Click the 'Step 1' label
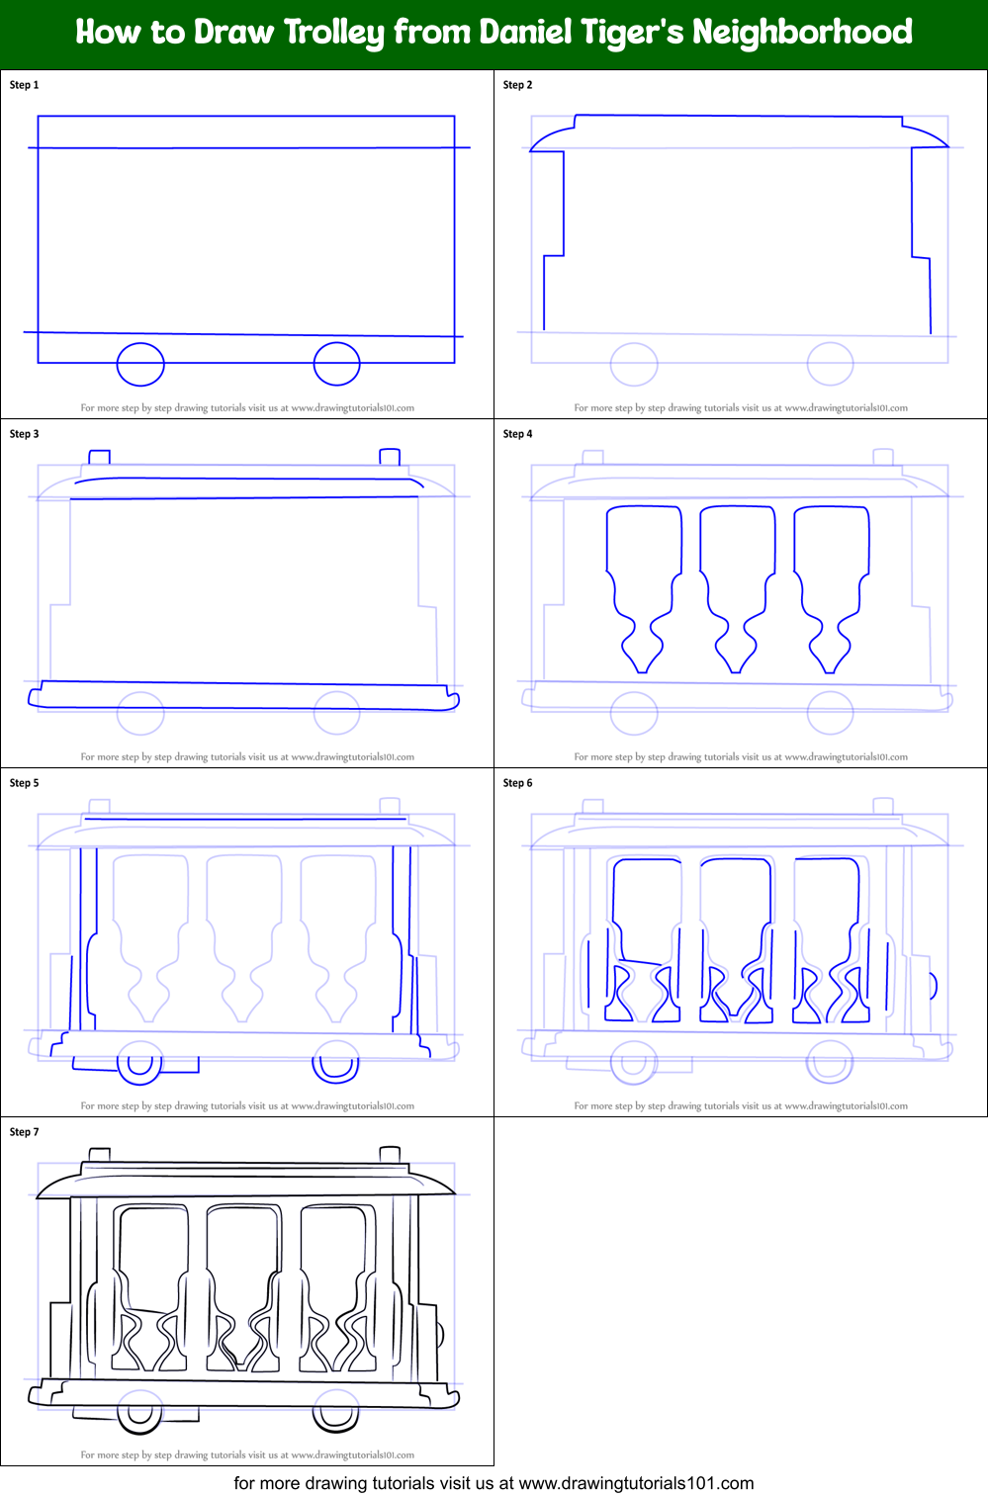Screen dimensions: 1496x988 pos(25,85)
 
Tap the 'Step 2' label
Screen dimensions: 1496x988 pos(518,85)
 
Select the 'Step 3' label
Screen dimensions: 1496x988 pos(25,434)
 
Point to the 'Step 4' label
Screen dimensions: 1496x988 pos(518,434)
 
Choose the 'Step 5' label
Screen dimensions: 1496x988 pos(25,783)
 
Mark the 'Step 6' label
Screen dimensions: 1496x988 pos(518,783)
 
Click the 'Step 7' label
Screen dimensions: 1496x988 pos(25,1132)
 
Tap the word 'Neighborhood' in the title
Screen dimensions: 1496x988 pos(802,33)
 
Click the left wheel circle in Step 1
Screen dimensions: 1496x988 pos(140,364)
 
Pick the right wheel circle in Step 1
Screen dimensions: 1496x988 pos(336,364)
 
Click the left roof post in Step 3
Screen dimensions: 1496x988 pos(99,457)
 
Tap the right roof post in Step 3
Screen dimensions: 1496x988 pos(390,457)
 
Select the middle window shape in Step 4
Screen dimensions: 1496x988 pos(737,583)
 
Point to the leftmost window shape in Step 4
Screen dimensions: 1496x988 pos(644,583)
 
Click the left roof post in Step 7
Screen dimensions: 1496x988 pos(99,1155)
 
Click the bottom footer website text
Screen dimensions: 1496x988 pos(494,1483)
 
